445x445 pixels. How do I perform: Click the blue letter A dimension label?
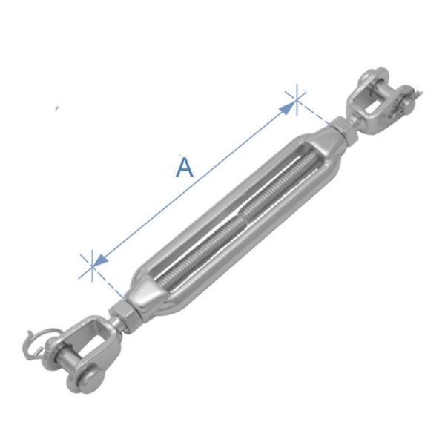(185, 167)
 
